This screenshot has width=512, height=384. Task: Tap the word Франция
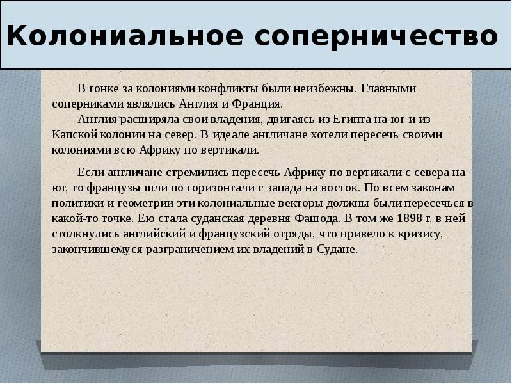(259, 104)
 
